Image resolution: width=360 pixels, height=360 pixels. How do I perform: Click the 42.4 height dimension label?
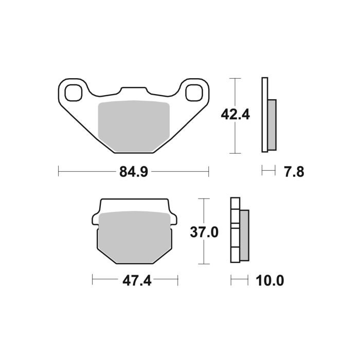(x=235, y=114)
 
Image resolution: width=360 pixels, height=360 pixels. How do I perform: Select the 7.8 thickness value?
(x=294, y=171)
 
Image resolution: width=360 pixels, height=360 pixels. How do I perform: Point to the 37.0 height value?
(x=204, y=232)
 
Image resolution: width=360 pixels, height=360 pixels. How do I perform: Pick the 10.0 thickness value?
(x=269, y=280)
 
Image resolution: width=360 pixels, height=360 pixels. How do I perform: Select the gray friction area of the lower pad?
(x=135, y=234)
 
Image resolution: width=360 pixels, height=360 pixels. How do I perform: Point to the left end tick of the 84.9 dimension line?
(x=59, y=171)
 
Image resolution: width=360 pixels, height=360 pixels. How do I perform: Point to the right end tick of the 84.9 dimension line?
(x=208, y=171)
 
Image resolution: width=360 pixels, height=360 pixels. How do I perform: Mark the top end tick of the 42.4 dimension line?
(x=235, y=78)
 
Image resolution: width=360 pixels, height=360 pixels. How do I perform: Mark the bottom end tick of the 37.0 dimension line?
(x=204, y=263)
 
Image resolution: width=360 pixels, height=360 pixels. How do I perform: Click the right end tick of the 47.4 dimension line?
(x=177, y=280)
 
